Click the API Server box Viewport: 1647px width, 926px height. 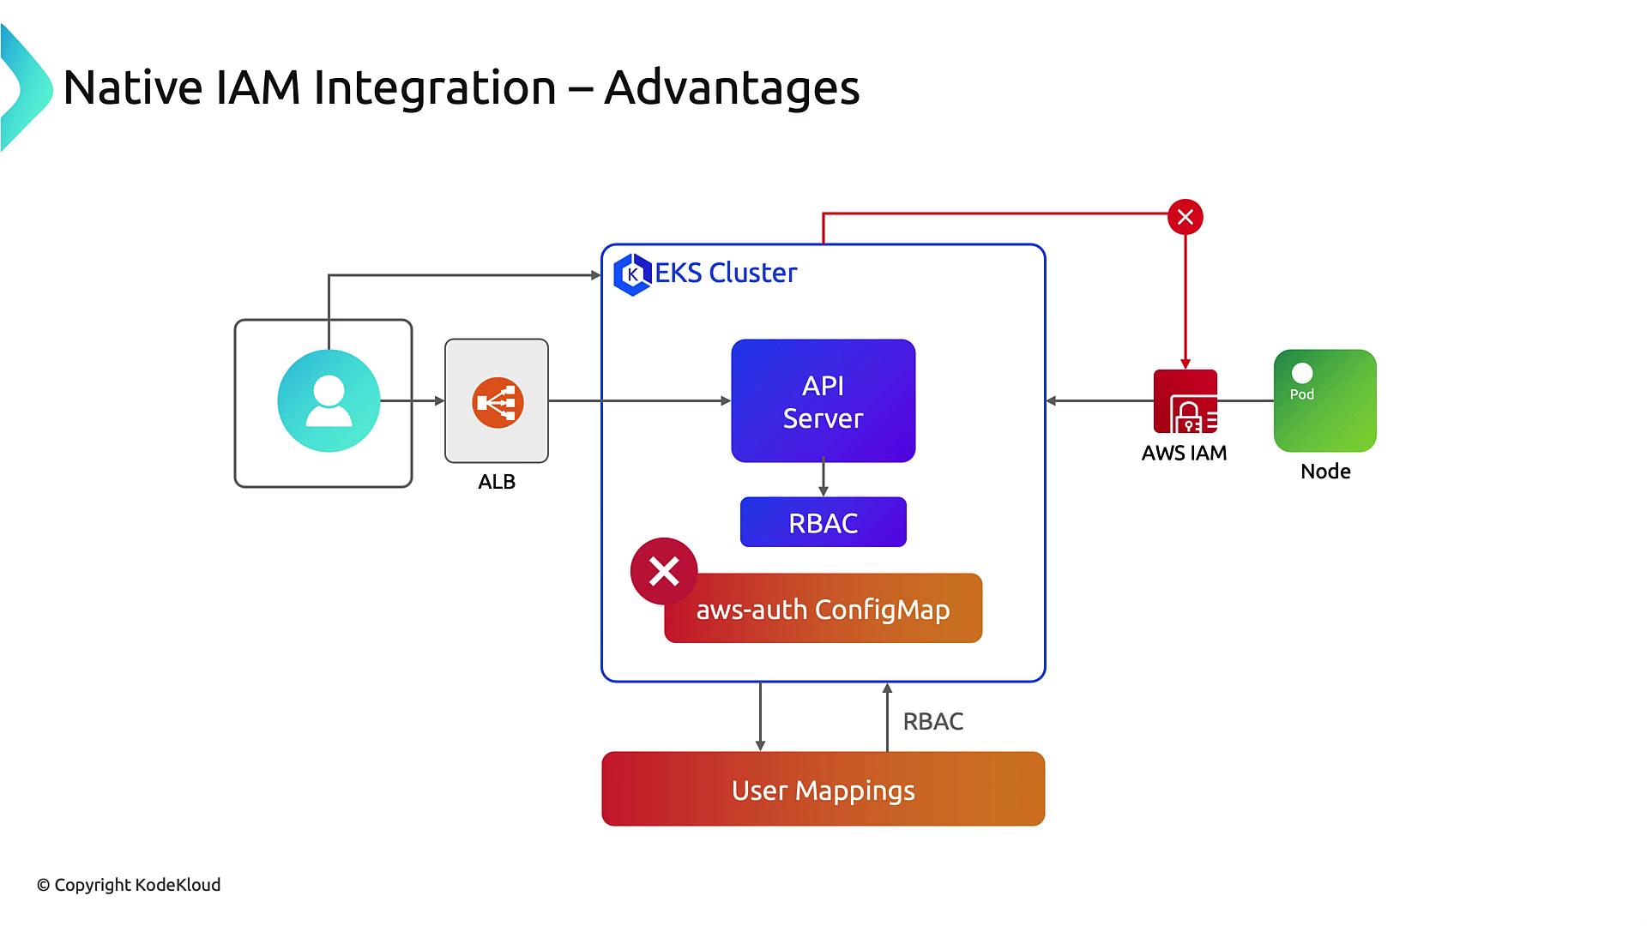(823, 400)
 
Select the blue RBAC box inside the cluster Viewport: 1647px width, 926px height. (823, 522)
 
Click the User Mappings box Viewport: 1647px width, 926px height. (823, 789)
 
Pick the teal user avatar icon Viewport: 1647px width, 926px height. (329, 400)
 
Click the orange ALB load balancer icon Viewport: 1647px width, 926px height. (498, 402)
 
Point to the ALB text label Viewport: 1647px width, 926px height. (497, 482)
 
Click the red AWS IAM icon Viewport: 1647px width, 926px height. (1185, 401)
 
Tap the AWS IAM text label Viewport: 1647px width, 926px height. (1184, 454)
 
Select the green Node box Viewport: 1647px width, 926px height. (1324, 400)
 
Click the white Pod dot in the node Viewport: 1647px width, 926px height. (1302, 373)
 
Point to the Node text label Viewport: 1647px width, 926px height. (1325, 472)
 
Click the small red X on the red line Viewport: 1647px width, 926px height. (1185, 217)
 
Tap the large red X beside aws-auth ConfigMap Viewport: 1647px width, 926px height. (664, 571)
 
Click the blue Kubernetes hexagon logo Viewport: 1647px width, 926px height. (633, 274)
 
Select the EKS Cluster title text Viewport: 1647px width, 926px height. (726, 273)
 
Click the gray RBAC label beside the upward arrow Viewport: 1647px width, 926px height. (932, 722)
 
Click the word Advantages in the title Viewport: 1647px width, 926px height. (731, 87)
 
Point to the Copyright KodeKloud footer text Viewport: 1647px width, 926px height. (129, 885)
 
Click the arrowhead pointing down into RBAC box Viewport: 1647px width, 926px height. (823, 491)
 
